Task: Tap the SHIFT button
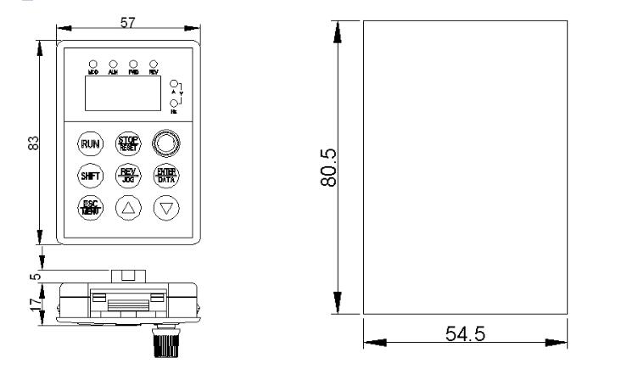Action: click(x=89, y=176)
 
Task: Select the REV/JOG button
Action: click(x=127, y=176)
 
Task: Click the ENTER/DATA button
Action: click(x=165, y=176)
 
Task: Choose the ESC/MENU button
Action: click(x=89, y=207)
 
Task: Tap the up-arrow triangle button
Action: click(x=127, y=207)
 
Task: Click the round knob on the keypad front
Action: click(x=165, y=143)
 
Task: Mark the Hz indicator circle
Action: click(x=174, y=104)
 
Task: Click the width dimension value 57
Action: click(x=128, y=23)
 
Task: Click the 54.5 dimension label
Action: click(x=464, y=334)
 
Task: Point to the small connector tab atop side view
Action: click(x=128, y=276)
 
